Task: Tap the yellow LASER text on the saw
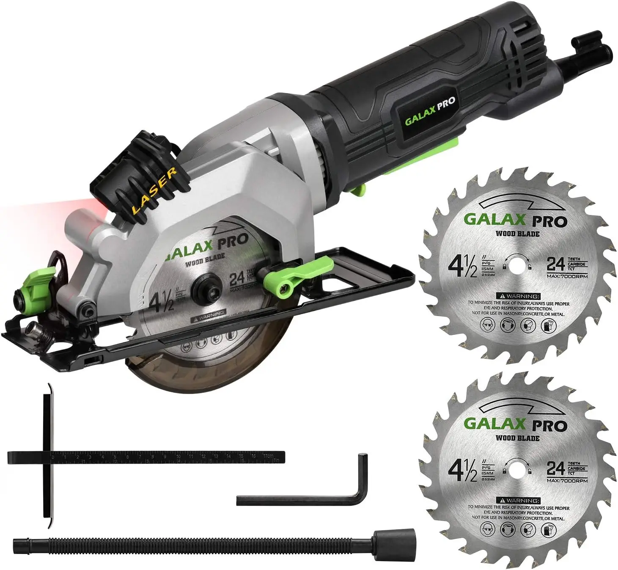point(154,190)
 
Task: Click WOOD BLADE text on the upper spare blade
point(517,234)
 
